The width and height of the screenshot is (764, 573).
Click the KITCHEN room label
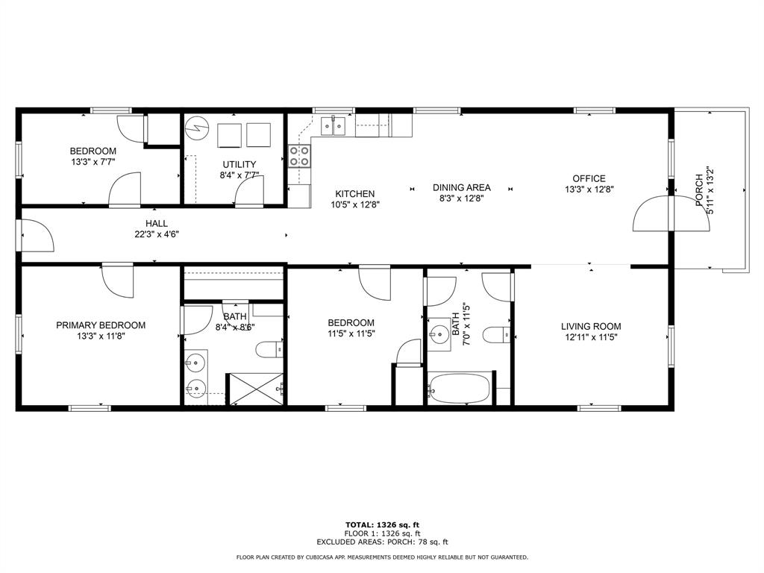tap(354, 194)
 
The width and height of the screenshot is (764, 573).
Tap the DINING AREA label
tap(461, 187)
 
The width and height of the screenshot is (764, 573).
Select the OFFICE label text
tap(589, 179)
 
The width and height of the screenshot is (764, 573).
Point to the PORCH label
tap(699, 190)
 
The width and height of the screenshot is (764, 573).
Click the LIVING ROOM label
tap(591, 327)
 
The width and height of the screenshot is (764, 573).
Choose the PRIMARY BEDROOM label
tap(101, 325)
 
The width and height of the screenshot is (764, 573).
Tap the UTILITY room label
tap(239, 165)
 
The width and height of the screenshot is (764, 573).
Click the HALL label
tap(157, 224)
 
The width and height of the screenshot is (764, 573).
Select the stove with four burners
tap(299, 156)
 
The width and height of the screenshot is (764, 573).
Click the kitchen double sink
tap(334, 125)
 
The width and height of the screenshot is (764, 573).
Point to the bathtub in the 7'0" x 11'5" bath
tap(460, 388)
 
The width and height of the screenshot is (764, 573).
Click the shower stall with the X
tap(256, 389)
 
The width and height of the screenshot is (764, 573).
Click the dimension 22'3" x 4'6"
tap(157, 234)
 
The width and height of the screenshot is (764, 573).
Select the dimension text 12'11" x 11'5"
tap(591, 337)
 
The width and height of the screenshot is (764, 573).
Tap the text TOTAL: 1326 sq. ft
tap(382, 525)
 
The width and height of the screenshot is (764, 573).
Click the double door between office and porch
tap(671, 213)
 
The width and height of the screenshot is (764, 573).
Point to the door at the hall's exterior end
tap(37, 235)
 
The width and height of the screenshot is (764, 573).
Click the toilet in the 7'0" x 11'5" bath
tap(496, 335)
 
